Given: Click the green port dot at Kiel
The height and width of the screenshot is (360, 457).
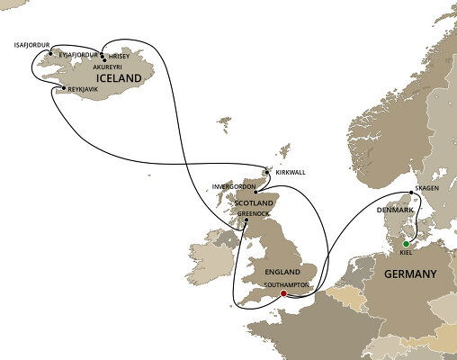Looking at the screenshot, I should click(407, 243).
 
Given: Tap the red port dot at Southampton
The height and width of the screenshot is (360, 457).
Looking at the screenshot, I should click(283, 293).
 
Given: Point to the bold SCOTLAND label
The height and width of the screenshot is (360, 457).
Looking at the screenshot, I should click(254, 203).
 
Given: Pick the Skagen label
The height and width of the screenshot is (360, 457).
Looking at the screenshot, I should click(426, 189).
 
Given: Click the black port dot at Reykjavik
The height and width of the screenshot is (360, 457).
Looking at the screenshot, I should click(63, 87).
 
